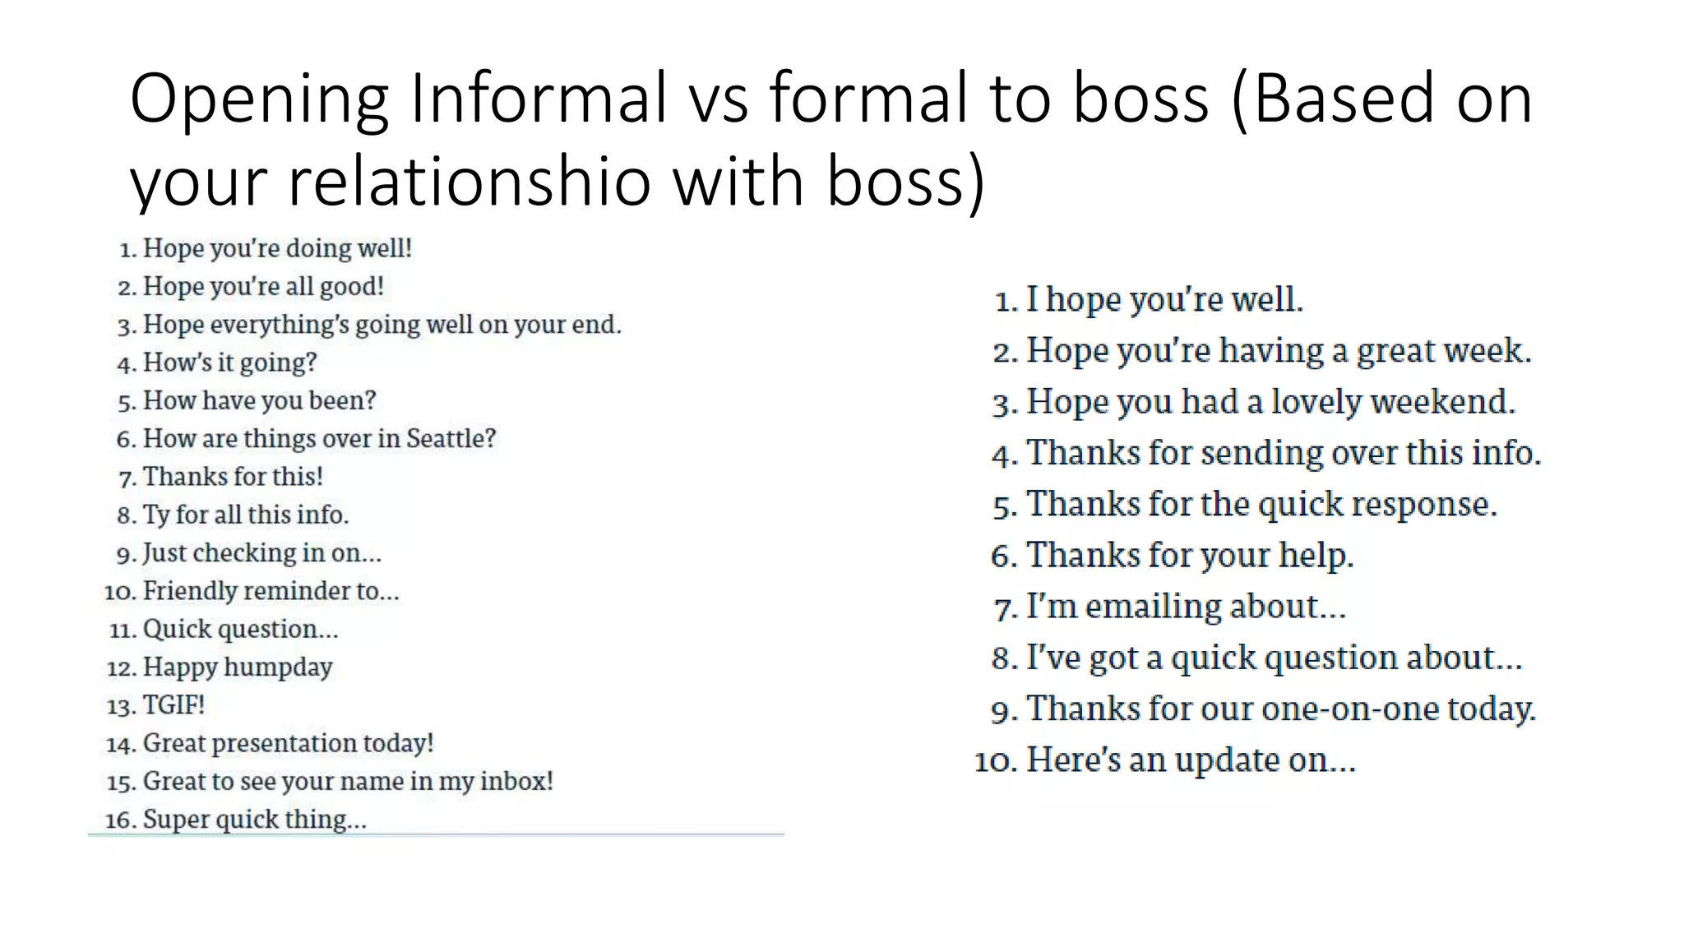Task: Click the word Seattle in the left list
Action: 451,438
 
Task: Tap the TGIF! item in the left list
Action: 173,705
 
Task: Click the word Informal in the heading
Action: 539,98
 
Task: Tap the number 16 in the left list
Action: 119,820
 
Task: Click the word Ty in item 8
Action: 155,515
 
